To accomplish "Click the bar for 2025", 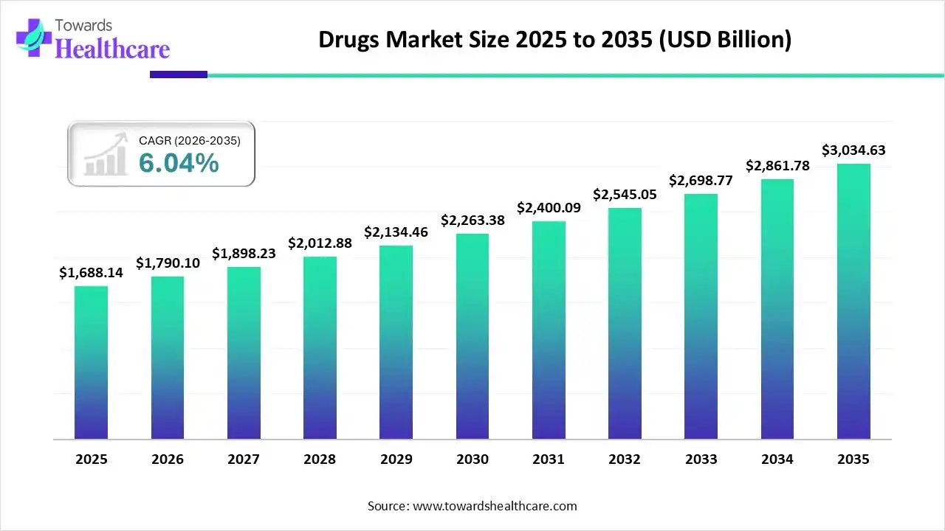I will coord(91,362).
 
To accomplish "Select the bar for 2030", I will coord(472,336).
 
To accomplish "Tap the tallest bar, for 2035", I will coord(853,301).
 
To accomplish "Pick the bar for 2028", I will coord(320,347).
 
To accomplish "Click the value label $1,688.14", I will coord(91,273).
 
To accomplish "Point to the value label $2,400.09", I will coord(549,208).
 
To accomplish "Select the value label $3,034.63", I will coord(853,150).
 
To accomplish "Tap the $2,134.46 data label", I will coord(396,232).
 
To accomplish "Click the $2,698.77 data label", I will coord(701,180).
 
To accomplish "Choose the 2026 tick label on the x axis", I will coord(167,459).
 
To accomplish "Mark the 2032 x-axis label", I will coord(625,459).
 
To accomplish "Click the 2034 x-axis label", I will coord(777,459).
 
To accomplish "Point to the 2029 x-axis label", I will coord(396,459).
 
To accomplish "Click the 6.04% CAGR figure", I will coord(179,164).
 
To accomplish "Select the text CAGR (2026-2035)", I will coord(190,140).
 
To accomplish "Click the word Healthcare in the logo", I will coord(112,49).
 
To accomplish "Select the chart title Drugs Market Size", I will coord(554,40).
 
